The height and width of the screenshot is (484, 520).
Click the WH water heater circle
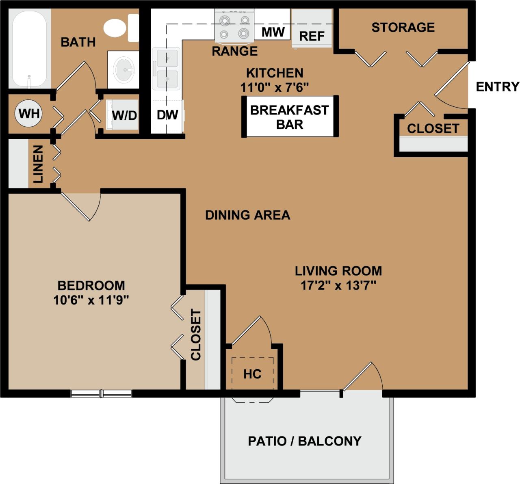click(29, 113)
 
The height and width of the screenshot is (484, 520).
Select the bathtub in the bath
click(29, 49)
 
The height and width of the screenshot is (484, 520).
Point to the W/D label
click(124, 115)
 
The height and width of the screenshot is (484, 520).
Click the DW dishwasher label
click(167, 115)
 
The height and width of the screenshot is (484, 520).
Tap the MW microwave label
click(273, 32)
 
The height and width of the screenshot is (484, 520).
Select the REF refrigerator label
click(312, 36)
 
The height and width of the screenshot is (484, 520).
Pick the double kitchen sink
click(166, 68)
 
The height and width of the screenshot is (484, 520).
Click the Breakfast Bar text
click(289, 117)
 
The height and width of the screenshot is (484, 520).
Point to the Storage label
click(403, 27)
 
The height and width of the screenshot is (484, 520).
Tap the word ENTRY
click(497, 87)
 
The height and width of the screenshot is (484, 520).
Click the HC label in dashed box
click(252, 374)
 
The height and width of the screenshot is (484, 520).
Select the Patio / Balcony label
click(305, 441)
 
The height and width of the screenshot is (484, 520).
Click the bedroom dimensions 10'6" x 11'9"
click(91, 300)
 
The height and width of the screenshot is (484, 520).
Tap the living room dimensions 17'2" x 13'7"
click(338, 285)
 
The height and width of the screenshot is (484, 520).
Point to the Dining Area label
click(247, 215)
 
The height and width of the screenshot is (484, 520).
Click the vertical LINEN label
click(38, 164)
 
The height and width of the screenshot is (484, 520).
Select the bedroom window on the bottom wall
click(101, 393)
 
